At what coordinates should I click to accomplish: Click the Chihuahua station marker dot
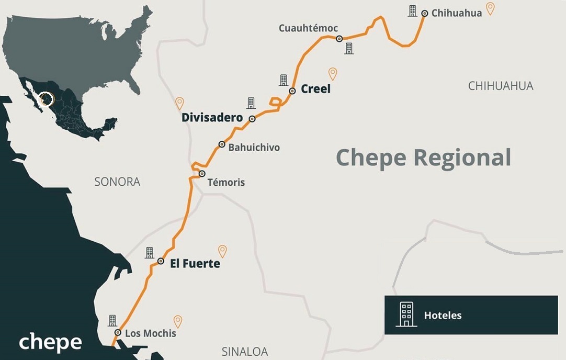click(x=424, y=14)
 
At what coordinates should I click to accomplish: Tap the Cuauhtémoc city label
click(x=308, y=28)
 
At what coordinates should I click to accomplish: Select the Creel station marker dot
click(x=292, y=91)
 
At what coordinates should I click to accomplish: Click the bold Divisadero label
click(x=212, y=118)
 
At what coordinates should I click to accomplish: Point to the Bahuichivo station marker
click(x=222, y=144)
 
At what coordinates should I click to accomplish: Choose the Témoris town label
click(x=226, y=183)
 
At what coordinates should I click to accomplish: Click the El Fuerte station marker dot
click(x=161, y=261)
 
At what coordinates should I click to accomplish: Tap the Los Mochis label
click(x=151, y=333)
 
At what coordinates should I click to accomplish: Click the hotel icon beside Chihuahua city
click(x=413, y=11)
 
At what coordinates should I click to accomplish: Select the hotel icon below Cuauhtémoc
click(x=349, y=49)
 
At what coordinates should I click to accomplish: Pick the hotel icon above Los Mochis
click(x=112, y=320)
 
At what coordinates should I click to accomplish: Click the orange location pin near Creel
click(x=333, y=74)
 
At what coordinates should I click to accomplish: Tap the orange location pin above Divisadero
click(x=179, y=103)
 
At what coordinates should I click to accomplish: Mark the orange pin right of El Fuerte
click(x=222, y=251)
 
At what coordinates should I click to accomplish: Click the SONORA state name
click(x=117, y=182)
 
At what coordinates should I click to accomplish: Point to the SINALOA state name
click(x=244, y=352)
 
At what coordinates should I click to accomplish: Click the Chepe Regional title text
click(x=423, y=157)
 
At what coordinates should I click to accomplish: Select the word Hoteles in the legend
click(x=443, y=316)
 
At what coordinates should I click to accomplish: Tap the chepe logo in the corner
click(x=50, y=342)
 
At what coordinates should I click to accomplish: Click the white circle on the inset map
click(x=47, y=99)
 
